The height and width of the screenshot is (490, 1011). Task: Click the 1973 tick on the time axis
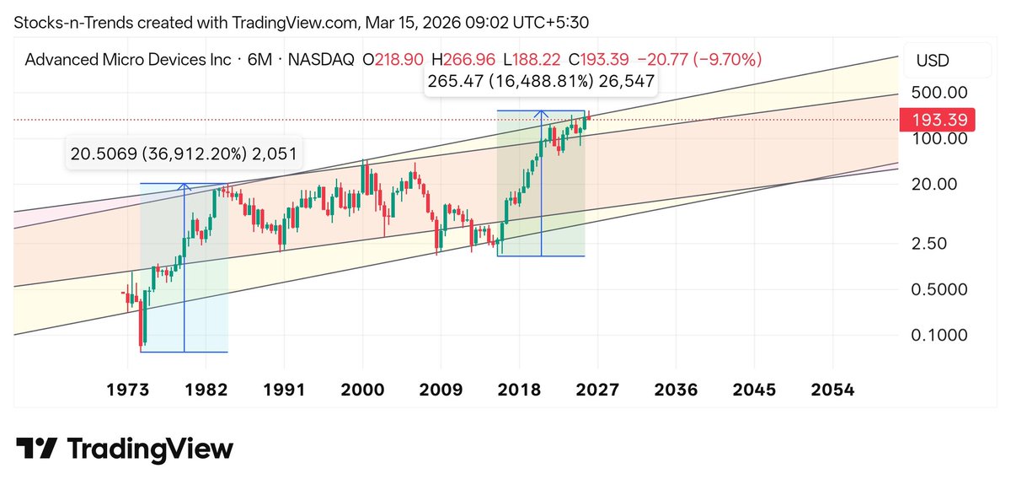click(128, 390)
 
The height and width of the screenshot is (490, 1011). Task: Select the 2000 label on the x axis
click(362, 390)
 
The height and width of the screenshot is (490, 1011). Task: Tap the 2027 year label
click(597, 390)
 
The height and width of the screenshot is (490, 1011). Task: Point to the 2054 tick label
click(832, 390)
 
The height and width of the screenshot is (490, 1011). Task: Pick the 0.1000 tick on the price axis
click(939, 335)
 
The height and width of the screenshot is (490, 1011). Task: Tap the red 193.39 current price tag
click(938, 120)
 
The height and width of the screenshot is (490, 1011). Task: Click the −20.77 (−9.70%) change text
click(699, 60)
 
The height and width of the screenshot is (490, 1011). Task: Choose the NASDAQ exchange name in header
click(322, 60)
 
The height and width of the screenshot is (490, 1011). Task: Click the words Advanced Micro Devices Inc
click(128, 60)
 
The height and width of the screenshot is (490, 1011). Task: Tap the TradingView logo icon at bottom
click(37, 448)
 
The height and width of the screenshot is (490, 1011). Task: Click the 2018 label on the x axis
click(519, 390)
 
